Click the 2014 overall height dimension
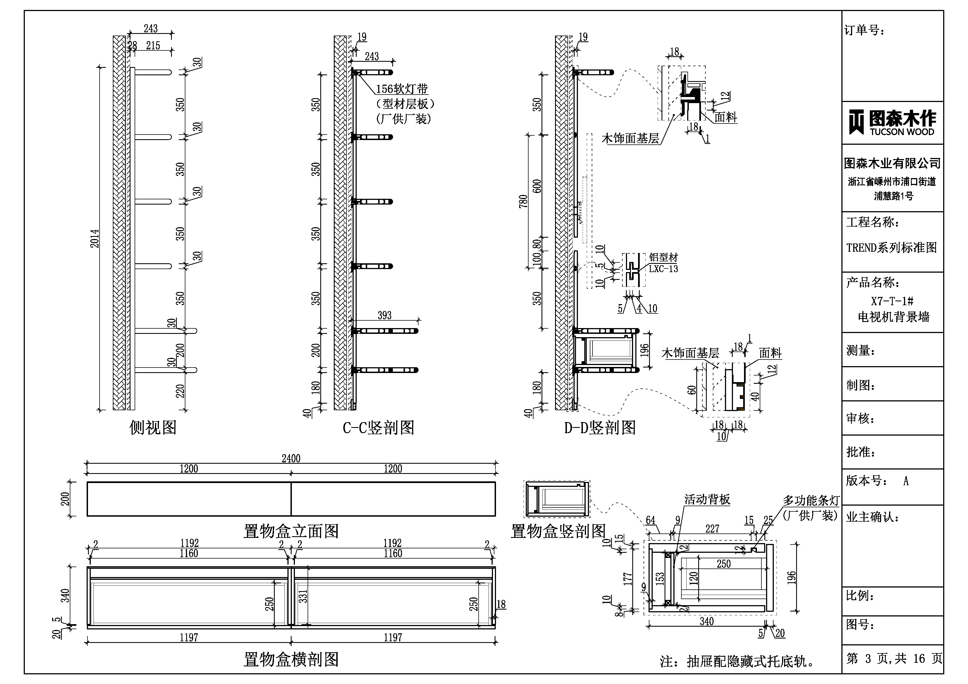click(95, 238)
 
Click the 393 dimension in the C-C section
click(385, 315)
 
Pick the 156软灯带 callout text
click(402, 89)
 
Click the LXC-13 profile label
click(663, 269)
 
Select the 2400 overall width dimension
click(291, 458)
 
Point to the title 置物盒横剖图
click(291, 659)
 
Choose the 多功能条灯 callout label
click(811, 501)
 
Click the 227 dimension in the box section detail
click(712, 529)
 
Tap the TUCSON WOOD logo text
click(902, 132)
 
